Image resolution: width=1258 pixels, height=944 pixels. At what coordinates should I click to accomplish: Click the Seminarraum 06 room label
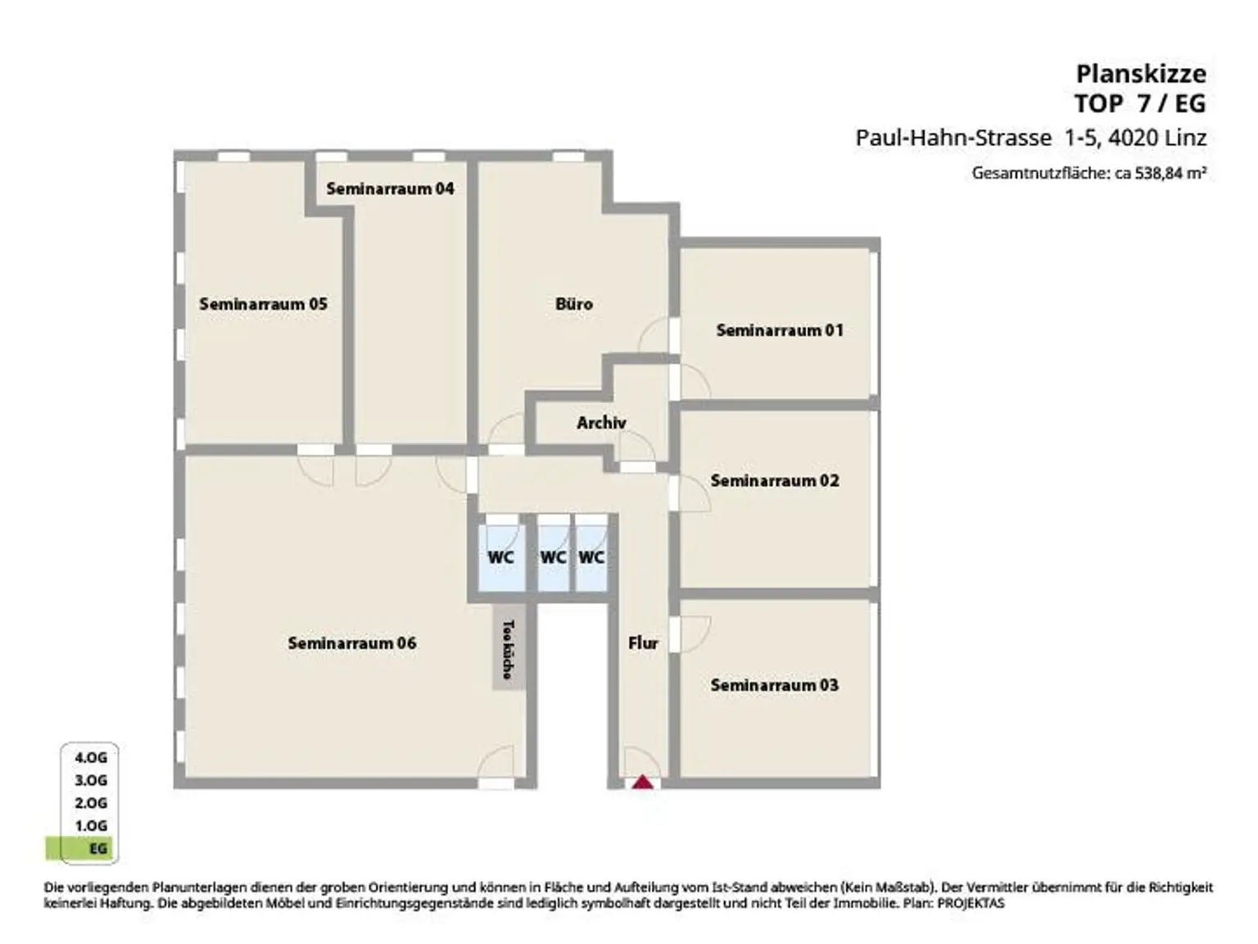click(x=352, y=643)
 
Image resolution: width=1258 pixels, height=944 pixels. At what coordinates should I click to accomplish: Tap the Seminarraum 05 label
click(x=263, y=304)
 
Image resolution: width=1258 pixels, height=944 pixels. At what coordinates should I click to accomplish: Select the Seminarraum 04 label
click(x=390, y=188)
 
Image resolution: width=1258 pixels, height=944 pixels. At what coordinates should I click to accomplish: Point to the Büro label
click(x=573, y=304)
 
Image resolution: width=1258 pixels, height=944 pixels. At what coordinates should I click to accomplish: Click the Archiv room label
click(x=601, y=423)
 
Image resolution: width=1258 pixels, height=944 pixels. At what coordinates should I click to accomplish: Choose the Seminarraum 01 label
click(x=779, y=330)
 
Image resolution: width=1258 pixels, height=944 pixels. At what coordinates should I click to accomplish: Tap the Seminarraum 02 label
click(x=775, y=480)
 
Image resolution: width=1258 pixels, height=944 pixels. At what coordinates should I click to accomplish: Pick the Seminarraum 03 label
click(x=775, y=685)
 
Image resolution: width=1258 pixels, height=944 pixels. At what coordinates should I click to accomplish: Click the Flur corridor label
click(x=643, y=643)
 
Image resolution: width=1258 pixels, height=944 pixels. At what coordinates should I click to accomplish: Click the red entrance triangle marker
click(x=643, y=782)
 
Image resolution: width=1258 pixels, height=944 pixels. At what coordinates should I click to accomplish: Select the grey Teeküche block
click(x=508, y=648)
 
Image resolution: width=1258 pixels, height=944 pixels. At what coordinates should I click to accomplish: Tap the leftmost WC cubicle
click(x=500, y=557)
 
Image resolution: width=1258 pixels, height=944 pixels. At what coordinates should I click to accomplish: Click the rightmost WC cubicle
click(x=591, y=557)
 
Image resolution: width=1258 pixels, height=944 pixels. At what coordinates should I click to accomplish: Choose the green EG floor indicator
click(x=82, y=849)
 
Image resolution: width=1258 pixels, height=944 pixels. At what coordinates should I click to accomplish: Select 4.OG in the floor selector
click(x=91, y=758)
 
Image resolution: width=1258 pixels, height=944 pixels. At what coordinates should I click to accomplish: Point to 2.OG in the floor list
click(x=91, y=803)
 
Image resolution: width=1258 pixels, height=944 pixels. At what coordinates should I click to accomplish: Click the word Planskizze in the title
click(x=1141, y=74)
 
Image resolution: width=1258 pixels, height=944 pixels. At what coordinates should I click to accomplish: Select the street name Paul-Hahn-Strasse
click(x=953, y=138)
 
